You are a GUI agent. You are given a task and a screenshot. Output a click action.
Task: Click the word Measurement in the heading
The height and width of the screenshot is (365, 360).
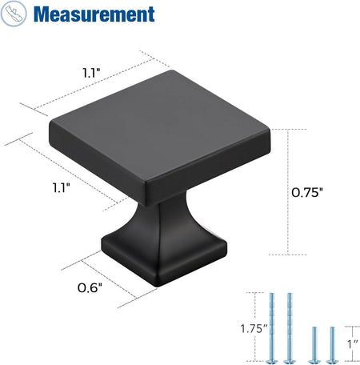pyautogui.click(x=94, y=14)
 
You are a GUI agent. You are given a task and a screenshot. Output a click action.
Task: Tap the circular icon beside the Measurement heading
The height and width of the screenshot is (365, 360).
pyautogui.click(x=14, y=14)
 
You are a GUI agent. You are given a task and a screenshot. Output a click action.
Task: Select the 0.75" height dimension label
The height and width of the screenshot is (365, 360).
pyautogui.click(x=307, y=192)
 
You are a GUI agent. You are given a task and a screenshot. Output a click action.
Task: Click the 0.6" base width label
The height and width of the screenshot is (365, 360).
pyautogui.click(x=90, y=288)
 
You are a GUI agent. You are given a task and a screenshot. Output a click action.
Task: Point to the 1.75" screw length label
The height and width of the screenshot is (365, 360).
pyautogui.click(x=254, y=328)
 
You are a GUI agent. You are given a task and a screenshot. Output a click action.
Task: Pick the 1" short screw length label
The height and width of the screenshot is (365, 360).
pyautogui.click(x=353, y=344)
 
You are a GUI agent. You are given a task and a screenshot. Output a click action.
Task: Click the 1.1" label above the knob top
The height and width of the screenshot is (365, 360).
pyautogui.click(x=91, y=73)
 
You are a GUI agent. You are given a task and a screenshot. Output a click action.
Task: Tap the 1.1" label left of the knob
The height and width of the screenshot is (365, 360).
pyautogui.click(x=61, y=187)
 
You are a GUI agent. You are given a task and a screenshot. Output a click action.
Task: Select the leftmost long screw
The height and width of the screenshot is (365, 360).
pyautogui.click(x=272, y=328)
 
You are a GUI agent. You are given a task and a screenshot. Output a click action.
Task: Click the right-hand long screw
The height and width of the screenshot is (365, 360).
pyautogui.click(x=290, y=328)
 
